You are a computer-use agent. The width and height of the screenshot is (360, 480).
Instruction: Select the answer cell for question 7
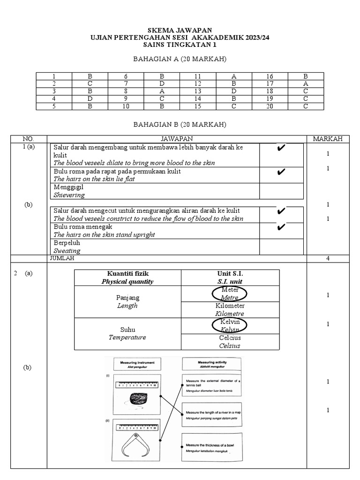(162, 83)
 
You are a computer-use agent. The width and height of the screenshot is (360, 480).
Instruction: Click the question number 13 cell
(198, 91)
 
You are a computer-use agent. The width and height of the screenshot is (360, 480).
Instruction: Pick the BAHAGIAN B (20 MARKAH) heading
(180, 125)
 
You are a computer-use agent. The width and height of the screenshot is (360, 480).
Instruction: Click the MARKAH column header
(328, 139)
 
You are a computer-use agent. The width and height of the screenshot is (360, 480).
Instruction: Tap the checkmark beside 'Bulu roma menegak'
(281, 228)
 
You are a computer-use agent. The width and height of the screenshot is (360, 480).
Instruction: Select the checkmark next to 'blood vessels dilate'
(281, 149)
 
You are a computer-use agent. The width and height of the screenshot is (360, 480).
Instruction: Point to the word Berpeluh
(67, 243)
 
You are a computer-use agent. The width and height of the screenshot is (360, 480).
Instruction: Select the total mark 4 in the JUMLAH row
(328, 258)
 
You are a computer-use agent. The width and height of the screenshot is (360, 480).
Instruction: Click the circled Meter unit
(230, 293)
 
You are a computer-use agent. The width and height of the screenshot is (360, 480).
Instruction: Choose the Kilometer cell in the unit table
(230, 309)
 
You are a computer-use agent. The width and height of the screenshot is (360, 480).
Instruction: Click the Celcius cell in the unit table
(230, 341)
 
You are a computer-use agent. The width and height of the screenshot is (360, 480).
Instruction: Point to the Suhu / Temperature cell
(127, 333)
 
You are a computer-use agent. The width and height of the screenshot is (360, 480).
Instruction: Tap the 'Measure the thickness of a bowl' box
(211, 447)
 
